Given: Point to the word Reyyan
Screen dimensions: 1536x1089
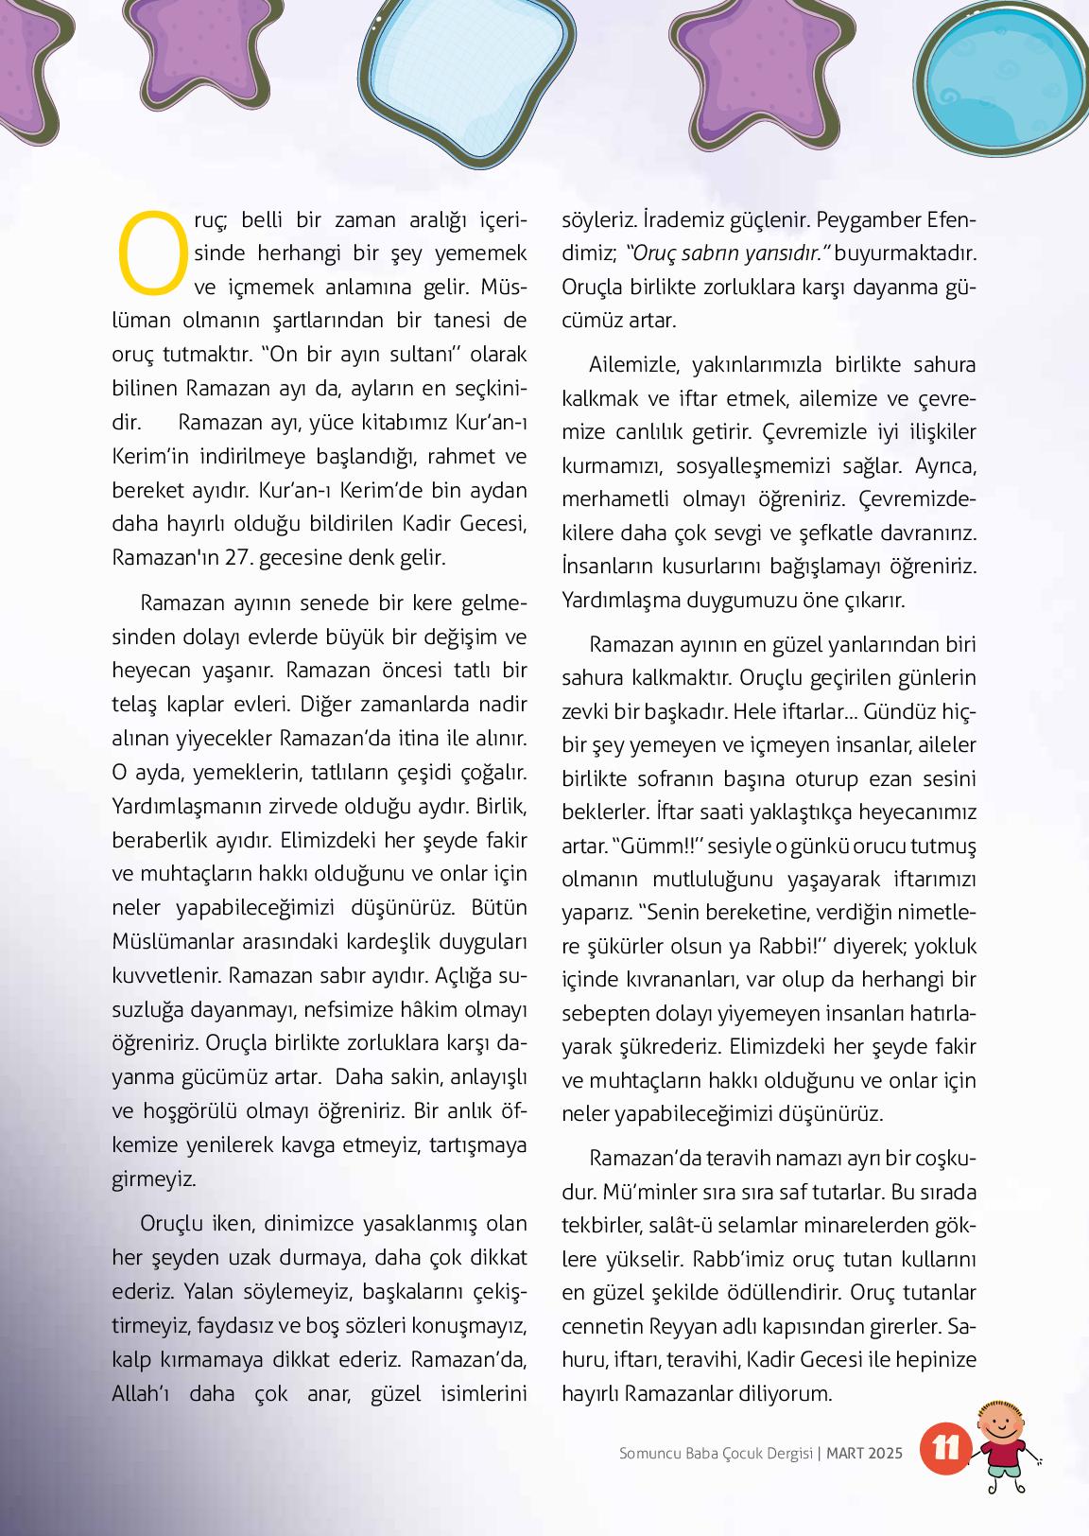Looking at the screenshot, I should point(683,1327).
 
